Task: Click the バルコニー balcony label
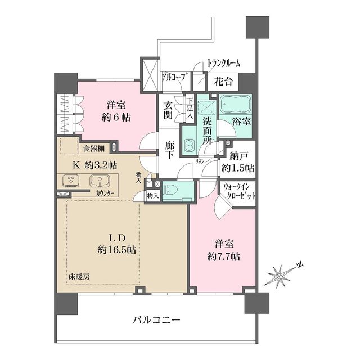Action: (x=156, y=320)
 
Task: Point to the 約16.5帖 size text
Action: (x=115, y=249)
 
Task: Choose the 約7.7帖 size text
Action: (x=224, y=256)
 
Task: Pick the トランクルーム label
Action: (x=223, y=63)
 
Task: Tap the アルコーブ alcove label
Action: (x=174, y=77)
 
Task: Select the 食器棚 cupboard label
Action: (x=94, y=149)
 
